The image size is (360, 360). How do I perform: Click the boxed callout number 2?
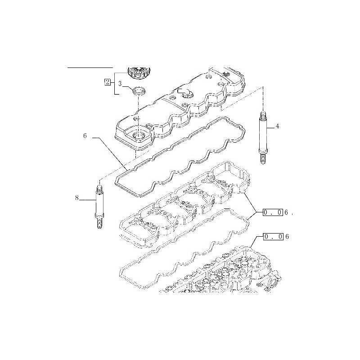[x=107, y=82]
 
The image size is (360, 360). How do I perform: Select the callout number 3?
[x=120, y=84]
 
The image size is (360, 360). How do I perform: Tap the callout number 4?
[x=277, y=126]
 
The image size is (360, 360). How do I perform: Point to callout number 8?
[x=77, y=198]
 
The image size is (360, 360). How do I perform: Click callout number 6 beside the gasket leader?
[x=85, y=136]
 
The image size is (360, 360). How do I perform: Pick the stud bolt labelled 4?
[x=263, y=138]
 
